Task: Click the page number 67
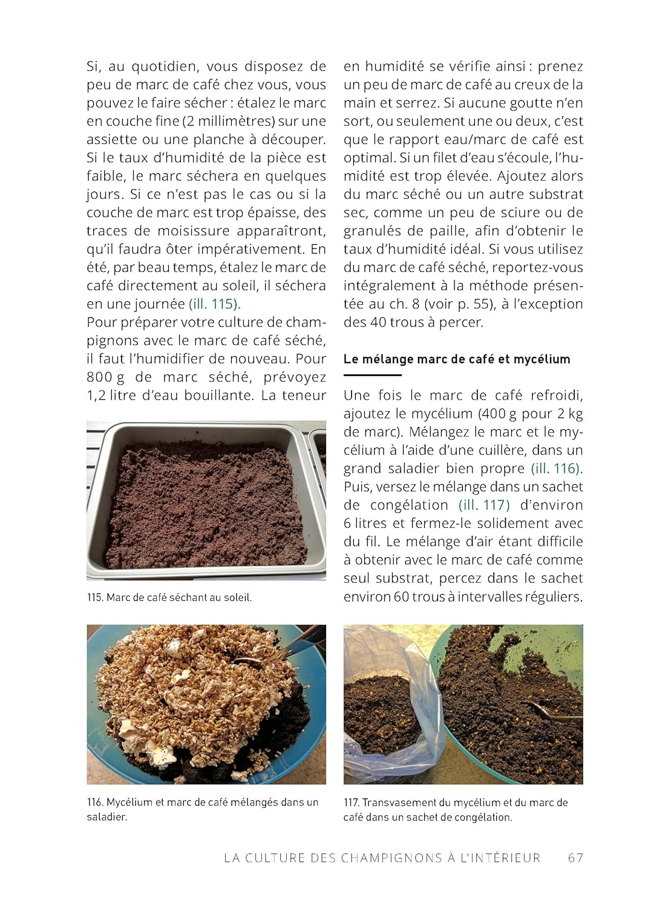click(x=575, y=857)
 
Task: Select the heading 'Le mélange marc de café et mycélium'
click(x=457, y=359)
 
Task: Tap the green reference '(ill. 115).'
click(x=214, y=304)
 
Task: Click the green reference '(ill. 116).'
click(x=557, y=469)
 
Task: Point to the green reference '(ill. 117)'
click(x=484, y=505)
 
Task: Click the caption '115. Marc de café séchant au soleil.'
click(x=169, y=597)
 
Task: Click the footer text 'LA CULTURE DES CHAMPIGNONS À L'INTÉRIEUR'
click(x=382, y=857)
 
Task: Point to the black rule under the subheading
click(x=372, y=375)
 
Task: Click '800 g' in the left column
click(x=105, y=377)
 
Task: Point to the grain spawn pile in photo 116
click(x=194, y=683)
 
